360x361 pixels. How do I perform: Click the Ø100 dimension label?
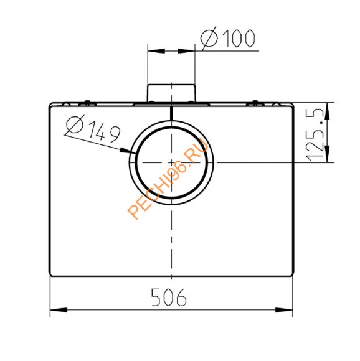coord(227,38)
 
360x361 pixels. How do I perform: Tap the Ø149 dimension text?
coord(93,128)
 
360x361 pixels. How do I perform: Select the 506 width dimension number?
coord(169,298)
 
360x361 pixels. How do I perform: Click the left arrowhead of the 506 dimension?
coord(59,310)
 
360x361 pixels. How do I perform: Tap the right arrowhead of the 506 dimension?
coord(284,310)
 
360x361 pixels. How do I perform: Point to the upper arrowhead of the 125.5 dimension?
coord(327,111)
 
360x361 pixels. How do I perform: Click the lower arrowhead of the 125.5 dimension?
coord(327,154)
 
